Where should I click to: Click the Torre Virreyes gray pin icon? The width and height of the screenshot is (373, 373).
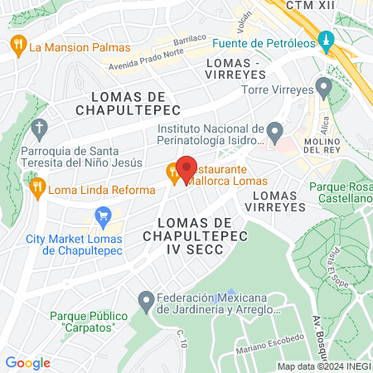pos(323,86)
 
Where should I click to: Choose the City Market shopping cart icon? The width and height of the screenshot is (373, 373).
pos(103,219)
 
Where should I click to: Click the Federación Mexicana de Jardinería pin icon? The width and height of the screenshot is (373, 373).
pos(146,299)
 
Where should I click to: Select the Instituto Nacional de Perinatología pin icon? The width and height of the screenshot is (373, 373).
pos(274,130)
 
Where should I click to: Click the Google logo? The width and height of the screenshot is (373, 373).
pos(27,362)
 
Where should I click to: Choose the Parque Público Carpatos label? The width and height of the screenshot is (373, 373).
pos(88,321)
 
